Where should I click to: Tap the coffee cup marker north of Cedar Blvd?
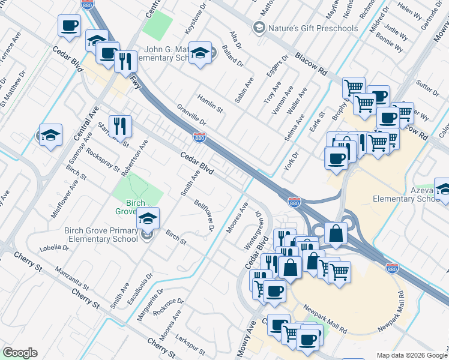click(x=68, y=26)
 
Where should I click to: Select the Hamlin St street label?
click(x=210, y=103)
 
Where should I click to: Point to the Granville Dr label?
click(x=191, y=115)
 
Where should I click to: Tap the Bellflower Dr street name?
click(x=204, y=215)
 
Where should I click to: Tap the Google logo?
click(x=20, y=353)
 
